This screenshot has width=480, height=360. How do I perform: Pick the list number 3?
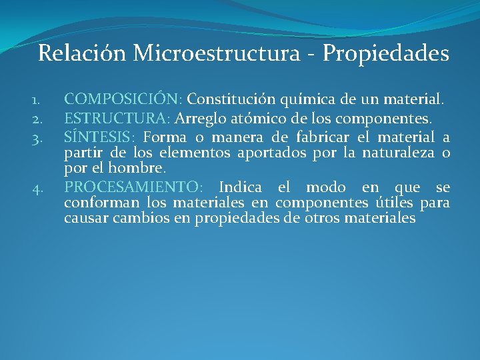pos(36,139)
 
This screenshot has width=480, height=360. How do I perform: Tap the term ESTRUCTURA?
pos(117,119)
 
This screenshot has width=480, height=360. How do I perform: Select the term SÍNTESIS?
pos(100,137)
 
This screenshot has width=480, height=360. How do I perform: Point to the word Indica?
pos(240,187)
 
